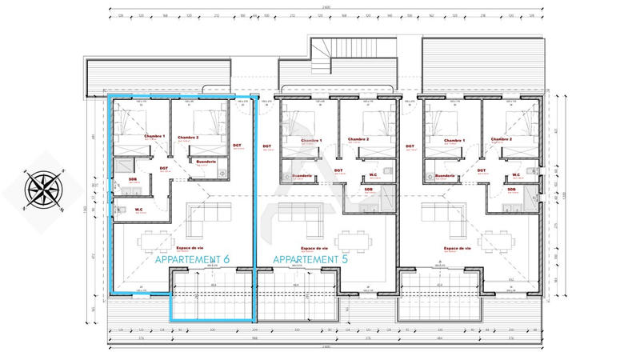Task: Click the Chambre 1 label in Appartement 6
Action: coord(154,137)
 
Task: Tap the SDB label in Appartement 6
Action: coord(133,178)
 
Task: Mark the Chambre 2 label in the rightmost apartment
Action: coord(502,138)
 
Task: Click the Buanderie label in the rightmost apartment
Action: coord(445,176)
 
